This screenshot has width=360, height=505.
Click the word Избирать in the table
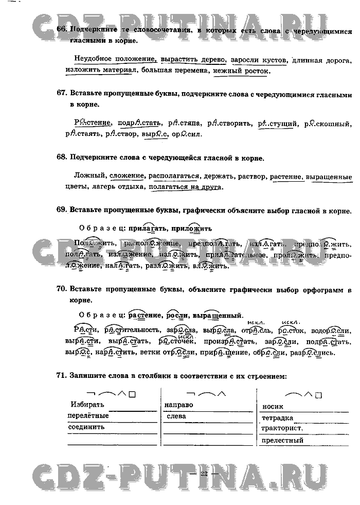(87, 405)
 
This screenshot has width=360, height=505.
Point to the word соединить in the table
(86, 427)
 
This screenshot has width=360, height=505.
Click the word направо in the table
(179, 405)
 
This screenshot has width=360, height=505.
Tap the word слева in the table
(176, 416)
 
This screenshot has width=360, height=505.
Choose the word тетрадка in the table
(278, 418)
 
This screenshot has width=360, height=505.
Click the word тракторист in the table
(281, 428)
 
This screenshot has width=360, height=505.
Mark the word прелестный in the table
(282, 441)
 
